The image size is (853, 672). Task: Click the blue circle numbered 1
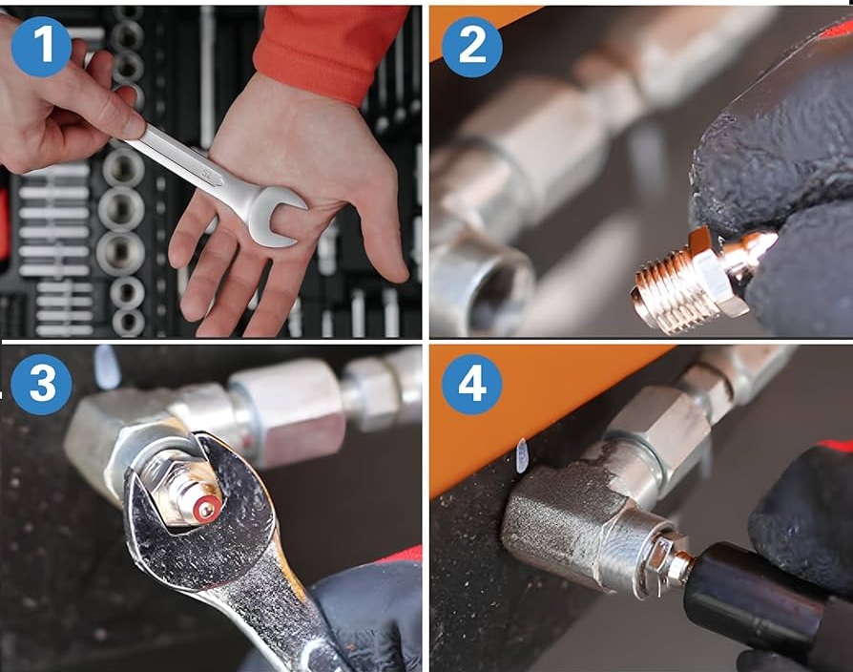point(41,47)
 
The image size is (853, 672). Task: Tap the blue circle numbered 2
point(471,47)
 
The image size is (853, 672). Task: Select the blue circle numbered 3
point(41,385)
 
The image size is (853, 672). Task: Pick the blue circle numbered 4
point(471,385)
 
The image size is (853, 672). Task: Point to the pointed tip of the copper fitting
point(776,238)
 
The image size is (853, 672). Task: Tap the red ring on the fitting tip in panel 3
point(207,510)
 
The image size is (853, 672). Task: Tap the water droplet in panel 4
point(522,455)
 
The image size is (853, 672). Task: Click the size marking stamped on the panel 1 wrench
point(206,174)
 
